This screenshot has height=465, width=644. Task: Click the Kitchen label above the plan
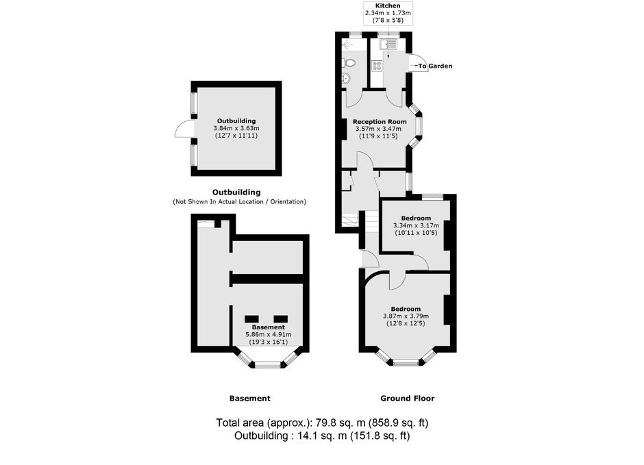[x=388, y=5]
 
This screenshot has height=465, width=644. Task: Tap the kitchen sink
[x=388, y=44]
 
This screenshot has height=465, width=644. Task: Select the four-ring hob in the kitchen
[x=377, y=66]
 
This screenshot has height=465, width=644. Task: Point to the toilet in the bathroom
[x=349, y=63]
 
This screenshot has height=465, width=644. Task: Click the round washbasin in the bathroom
[x=346, y=78]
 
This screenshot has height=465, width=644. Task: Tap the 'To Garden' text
[x=435, y=66]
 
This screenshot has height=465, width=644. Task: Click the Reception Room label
[x=380, y=121]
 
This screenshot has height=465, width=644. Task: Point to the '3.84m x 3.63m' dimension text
[x=236, y=128]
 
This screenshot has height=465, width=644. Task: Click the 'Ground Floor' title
[x=407, y=398]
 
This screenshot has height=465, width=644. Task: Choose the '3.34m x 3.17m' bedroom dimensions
[x=416, y=225]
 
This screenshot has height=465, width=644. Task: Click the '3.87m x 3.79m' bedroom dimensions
[x=406, y=316]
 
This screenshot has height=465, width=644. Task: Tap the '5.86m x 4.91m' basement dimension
[x=268, y=334]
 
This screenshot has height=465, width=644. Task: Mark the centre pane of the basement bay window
[x=268, y=364]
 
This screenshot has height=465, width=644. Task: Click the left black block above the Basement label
[x=251, y=319]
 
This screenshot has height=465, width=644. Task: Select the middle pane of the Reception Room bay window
[x=419, y=127]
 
